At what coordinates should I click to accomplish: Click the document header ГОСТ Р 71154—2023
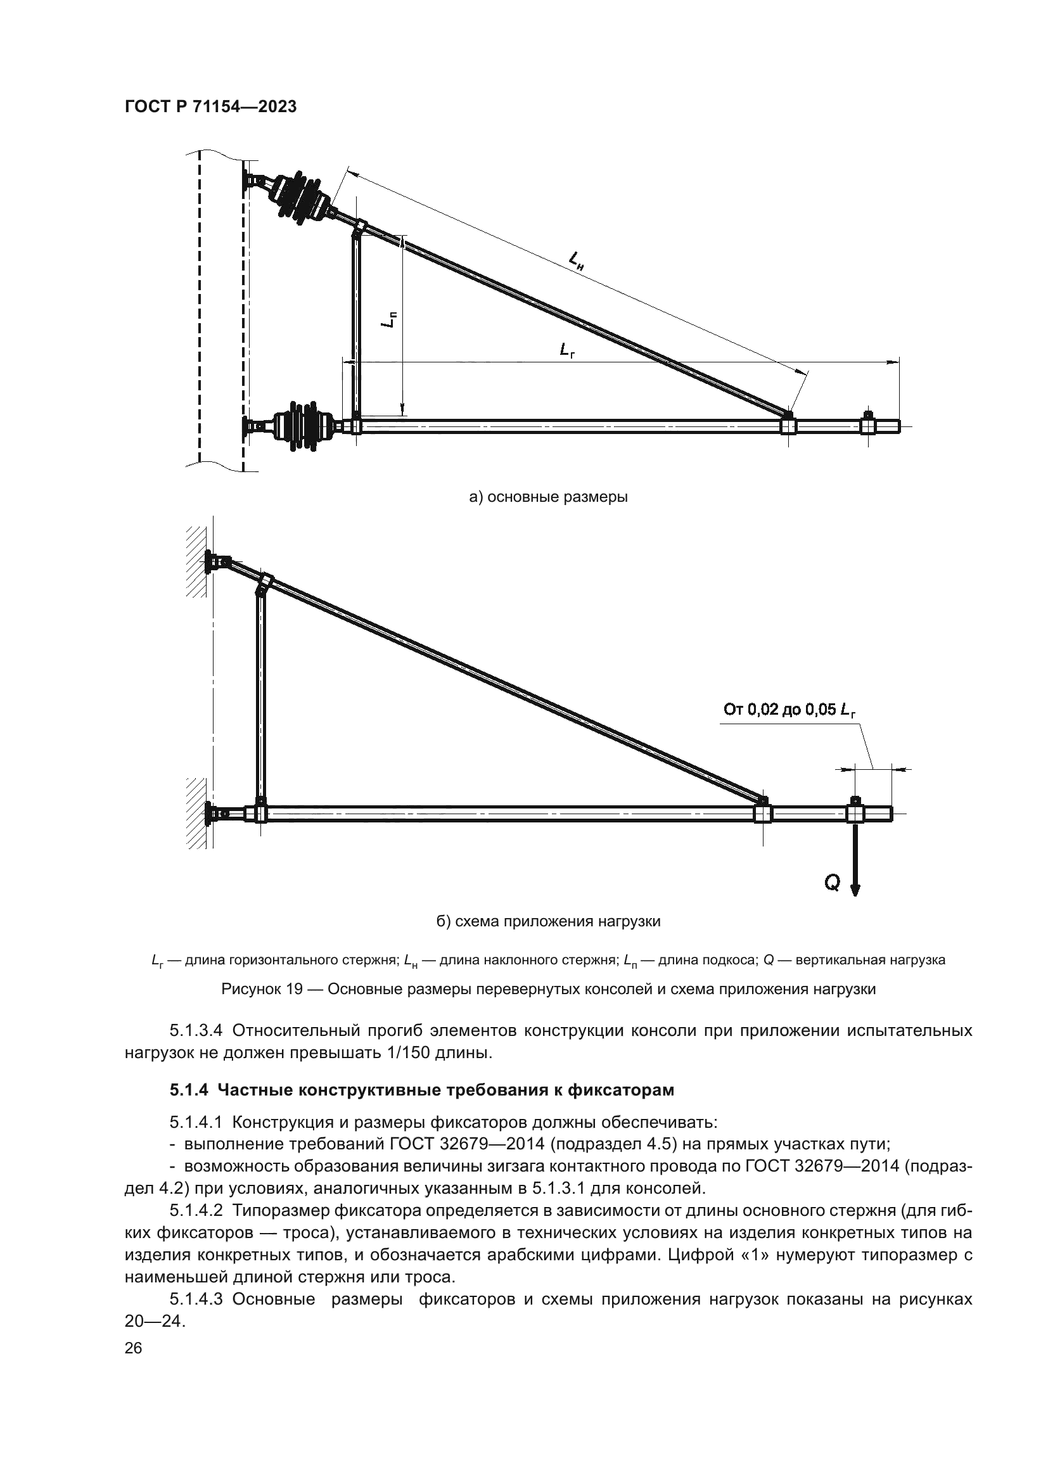210,107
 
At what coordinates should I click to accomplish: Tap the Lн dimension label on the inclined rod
575,260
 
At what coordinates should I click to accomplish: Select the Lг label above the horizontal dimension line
567,350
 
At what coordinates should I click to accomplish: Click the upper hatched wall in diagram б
196,561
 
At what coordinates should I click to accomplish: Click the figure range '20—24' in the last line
154,1321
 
